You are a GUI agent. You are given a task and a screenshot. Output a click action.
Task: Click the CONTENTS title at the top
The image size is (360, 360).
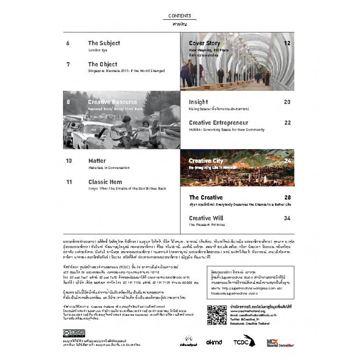coord(180,16)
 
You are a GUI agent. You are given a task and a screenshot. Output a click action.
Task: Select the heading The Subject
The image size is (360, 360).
coord(104,43)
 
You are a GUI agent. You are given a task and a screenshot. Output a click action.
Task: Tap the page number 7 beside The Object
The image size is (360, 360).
coord(68,64)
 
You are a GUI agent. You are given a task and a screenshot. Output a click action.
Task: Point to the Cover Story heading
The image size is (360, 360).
coord(204,43)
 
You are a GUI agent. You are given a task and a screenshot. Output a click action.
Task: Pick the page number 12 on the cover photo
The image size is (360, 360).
coord(287,43)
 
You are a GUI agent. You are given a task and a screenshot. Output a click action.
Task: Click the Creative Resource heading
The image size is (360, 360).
coord(112,102)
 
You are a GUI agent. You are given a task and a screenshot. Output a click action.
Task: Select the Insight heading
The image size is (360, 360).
coord(198,102)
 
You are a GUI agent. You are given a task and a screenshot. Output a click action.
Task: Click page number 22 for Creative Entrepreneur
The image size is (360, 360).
coord(287,123)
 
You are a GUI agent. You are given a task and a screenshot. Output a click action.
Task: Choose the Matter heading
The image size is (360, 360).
coord(97,161)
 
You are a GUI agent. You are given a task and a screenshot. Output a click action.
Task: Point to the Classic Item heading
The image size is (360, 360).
coord(105,182)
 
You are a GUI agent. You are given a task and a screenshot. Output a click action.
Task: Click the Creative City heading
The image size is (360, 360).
coord(206,161)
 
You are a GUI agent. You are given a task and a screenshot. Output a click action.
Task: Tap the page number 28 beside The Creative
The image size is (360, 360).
coord(287,198)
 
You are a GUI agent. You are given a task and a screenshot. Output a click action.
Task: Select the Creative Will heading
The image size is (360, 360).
coord(206,218)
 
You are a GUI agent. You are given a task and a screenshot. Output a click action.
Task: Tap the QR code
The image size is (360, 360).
coord(217,315)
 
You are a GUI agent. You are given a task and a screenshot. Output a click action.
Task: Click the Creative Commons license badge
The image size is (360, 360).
coord(74,333)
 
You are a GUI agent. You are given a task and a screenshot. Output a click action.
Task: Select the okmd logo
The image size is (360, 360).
coord(214,342)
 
